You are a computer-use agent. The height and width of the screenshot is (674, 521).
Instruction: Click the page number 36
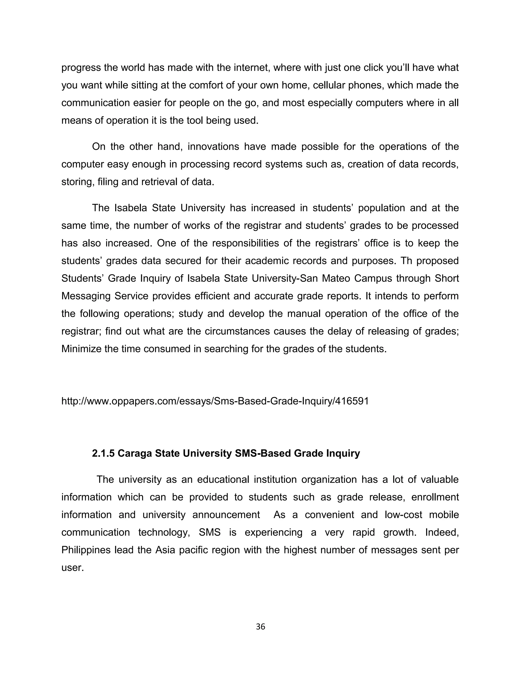click(260, 626)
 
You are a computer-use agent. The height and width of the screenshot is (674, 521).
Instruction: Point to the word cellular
click(329, 85)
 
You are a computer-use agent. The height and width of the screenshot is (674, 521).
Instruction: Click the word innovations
click(213, 146)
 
